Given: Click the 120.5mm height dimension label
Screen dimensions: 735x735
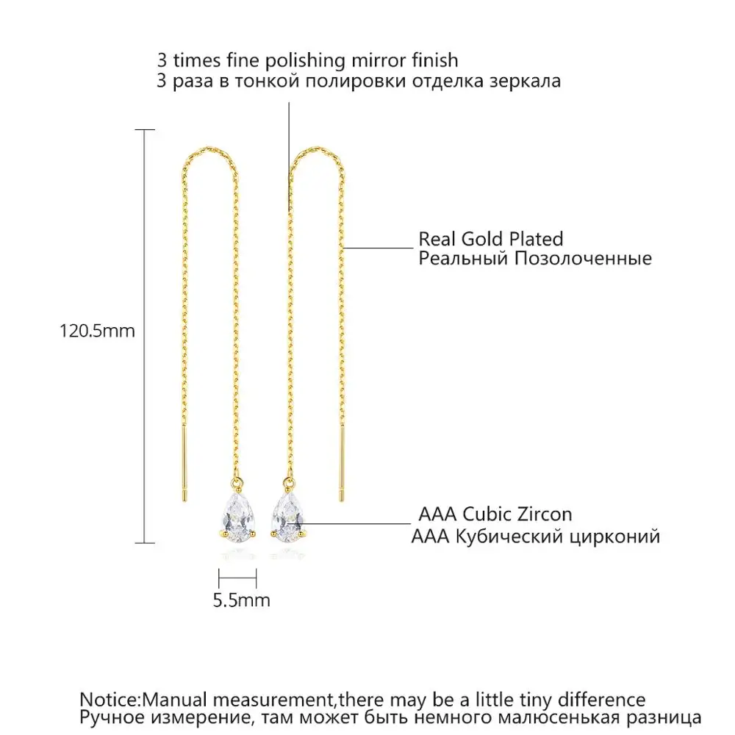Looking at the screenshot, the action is [x=97, y=331].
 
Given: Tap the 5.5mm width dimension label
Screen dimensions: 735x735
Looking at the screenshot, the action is [x=241, y=600].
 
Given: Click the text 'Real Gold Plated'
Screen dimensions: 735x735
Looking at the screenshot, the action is [x=491, y=239].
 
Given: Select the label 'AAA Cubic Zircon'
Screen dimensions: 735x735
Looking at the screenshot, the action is [x=495, y=514].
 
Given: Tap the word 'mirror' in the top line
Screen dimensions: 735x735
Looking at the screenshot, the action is [x=382, y=60].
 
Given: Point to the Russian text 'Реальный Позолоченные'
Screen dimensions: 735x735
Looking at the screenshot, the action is [x=535, y=259].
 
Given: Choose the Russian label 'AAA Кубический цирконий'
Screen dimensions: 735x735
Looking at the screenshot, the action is [x=535, y=537].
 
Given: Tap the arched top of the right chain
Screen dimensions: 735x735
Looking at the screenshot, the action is [x=318, y=150].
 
